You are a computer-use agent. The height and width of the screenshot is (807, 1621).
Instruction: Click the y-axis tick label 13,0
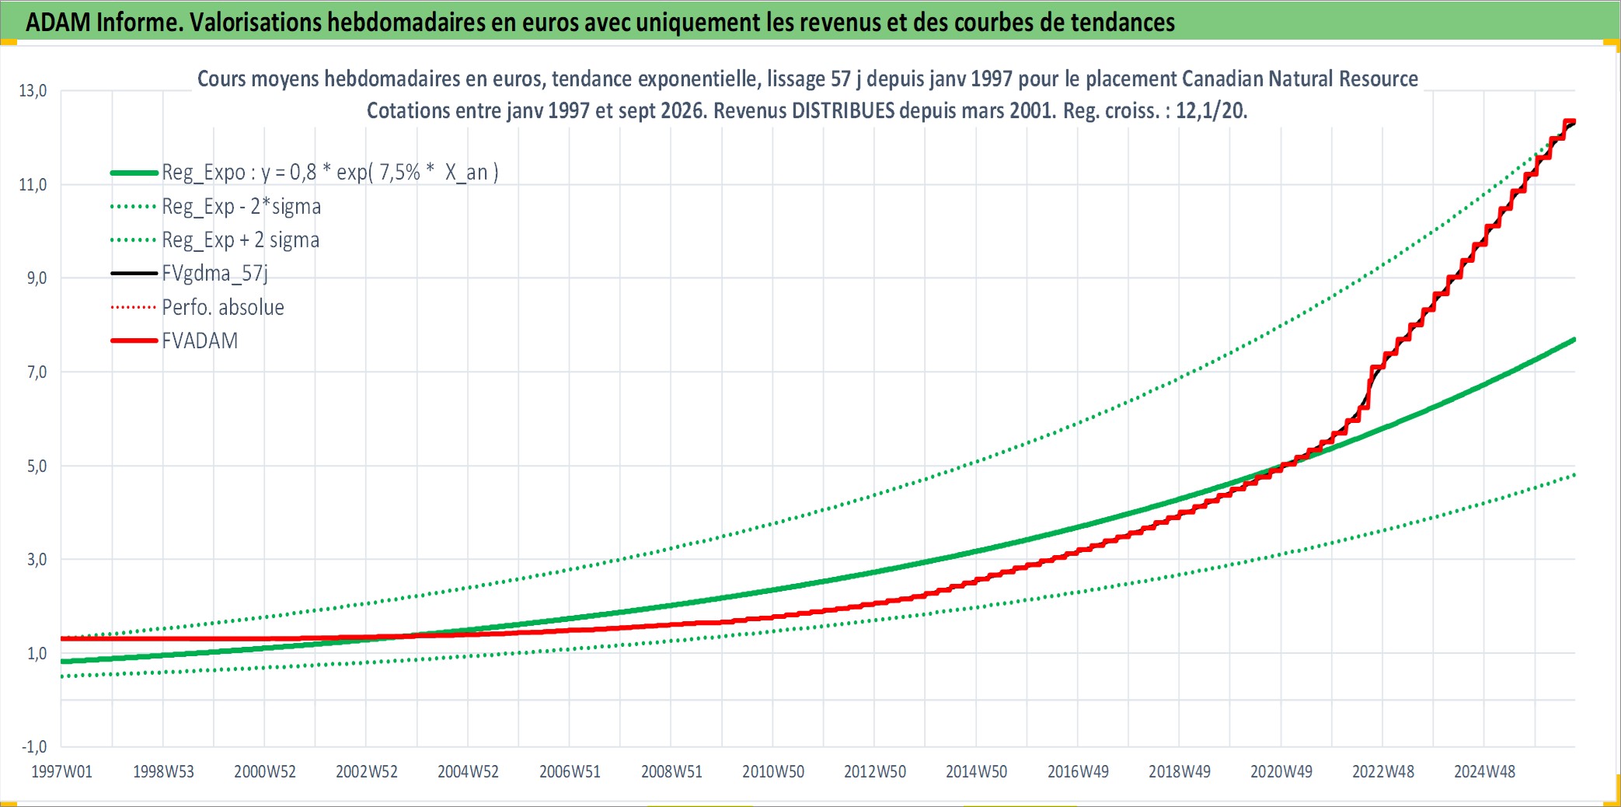point(33,91)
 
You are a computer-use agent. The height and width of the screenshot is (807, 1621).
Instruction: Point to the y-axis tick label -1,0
point(34,747)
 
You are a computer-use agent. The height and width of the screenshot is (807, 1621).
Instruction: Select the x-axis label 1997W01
point(61,772)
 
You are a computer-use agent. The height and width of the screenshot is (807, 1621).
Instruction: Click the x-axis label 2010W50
point(773,772)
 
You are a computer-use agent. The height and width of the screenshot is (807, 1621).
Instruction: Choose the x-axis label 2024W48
point(1484,772)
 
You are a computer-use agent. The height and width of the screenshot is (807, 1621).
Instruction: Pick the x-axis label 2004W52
point(468,772)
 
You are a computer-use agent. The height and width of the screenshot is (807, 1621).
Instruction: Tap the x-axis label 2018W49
point(1180,772)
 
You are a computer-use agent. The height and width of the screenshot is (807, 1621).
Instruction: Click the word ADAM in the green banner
point(58,22)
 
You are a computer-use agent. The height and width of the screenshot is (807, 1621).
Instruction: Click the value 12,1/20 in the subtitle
point(1211,110)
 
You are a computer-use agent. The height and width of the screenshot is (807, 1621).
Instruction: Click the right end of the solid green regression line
point(1574,340)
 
